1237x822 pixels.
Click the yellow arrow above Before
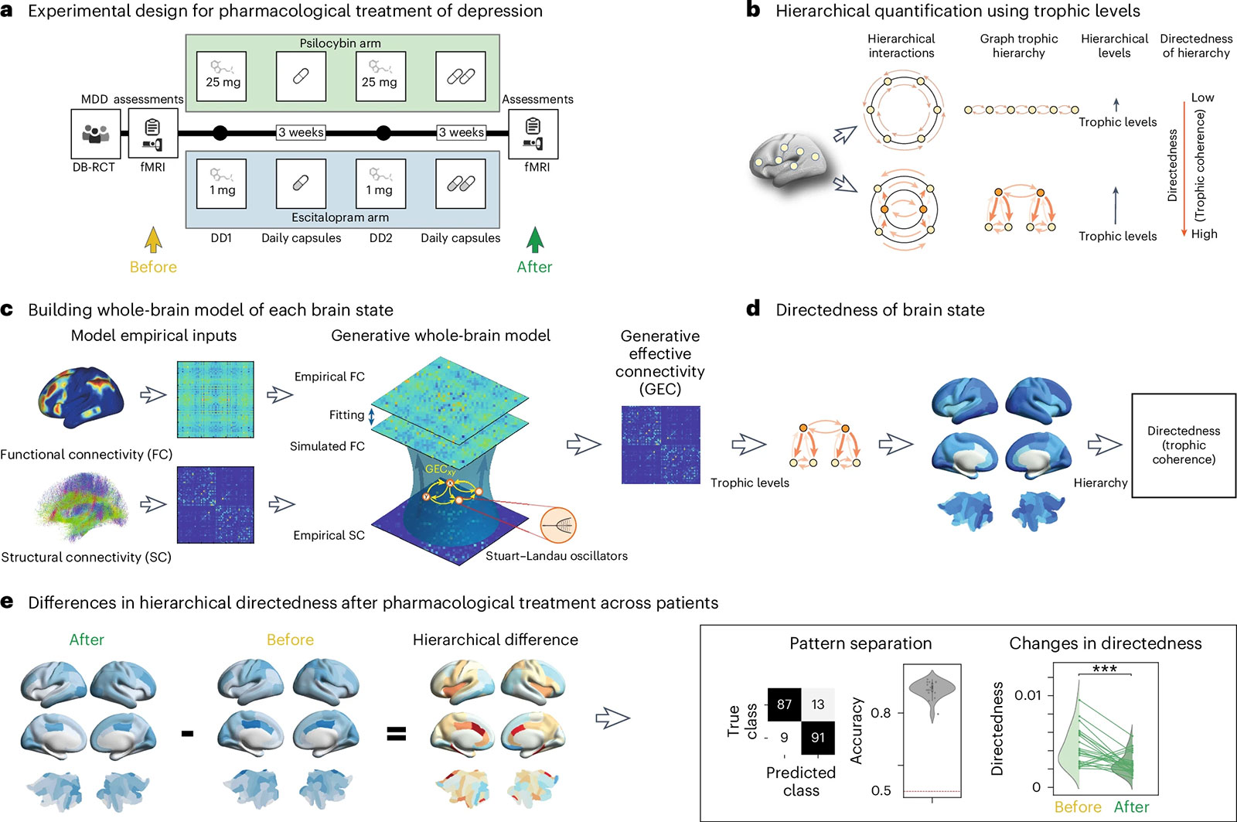(153, 240)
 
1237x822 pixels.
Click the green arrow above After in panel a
(534, 240)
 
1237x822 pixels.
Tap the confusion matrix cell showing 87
(784, 704)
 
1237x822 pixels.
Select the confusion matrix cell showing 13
(818, 704)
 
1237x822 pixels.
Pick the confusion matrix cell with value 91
(818, 738)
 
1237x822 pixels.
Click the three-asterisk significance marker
(1105, 669)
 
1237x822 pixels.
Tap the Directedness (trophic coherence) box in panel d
(1184, 445)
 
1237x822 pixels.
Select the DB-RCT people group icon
(96, 134)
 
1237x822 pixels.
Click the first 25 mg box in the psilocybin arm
(221, 77)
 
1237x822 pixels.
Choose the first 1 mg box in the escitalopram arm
(221, 183)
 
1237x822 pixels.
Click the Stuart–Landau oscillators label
(557, 556)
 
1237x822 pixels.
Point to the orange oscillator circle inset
(558, 525)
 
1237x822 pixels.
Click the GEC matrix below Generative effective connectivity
(660, 445)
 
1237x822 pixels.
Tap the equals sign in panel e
(396, 734)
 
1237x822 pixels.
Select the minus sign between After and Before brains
(187, 734)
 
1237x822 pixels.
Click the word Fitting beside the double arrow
(347, 415)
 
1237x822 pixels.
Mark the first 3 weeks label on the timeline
(301, 132)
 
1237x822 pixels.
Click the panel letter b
(753, 10)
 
